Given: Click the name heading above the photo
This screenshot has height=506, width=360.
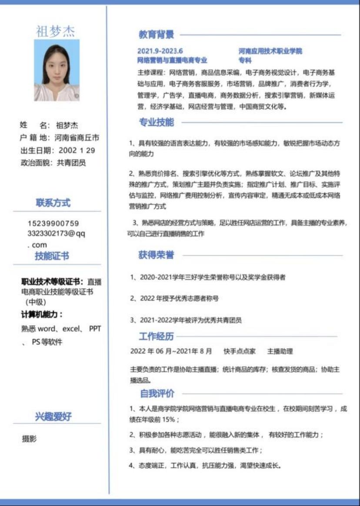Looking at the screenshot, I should pos(55,31).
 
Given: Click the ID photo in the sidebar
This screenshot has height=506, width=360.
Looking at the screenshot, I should pos(57,70).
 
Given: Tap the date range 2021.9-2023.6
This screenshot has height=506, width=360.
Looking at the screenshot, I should pos(160,51).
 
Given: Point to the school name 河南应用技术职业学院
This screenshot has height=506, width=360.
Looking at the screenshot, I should pos(270,51).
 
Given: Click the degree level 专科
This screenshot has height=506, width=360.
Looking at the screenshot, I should pos(245,60).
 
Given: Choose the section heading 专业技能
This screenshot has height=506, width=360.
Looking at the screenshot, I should pos(156,123).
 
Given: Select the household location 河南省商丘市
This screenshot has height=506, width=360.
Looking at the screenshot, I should pos(77,138).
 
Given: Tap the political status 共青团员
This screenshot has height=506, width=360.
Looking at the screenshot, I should pos(71,163).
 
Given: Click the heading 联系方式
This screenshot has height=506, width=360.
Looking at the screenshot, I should pos(53,203).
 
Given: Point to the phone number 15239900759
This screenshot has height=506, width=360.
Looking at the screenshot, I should pos(53,223).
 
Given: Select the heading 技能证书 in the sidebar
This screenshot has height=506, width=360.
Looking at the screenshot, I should pos(52,256).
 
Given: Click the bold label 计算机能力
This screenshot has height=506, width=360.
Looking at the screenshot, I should pos(42,314).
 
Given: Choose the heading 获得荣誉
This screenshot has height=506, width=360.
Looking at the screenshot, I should pos(156,255).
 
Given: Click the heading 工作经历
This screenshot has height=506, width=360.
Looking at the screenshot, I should pos(156,336).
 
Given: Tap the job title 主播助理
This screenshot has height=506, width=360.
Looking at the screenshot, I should pos(280,351).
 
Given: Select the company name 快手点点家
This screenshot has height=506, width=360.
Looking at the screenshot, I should pos(240,351).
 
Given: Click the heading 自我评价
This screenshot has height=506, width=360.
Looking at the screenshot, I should pos(157,394).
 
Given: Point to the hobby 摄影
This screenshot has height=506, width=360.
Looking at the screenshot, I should pos(30,439).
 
